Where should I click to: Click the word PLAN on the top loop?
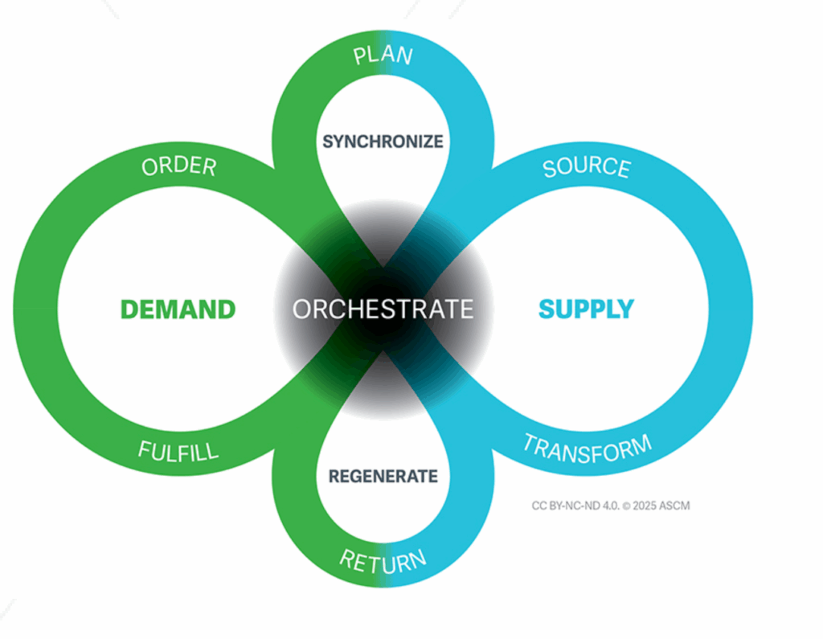point(383,56)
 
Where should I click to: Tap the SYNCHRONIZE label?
point(383,141)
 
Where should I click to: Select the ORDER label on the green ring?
point(179,166)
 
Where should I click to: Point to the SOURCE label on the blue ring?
point(586,167)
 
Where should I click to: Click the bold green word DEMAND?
point(178,309)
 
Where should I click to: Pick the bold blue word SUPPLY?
point(586,309)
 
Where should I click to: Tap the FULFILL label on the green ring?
point(178,450)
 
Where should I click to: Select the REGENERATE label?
point(383,476)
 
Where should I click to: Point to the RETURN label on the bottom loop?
point(383,560)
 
